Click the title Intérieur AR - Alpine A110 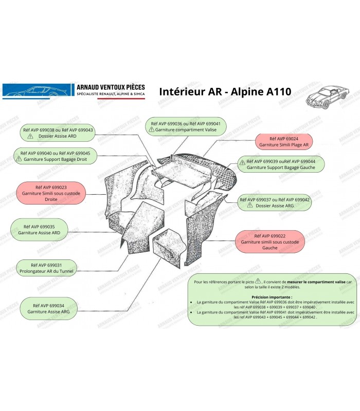click(225, 92)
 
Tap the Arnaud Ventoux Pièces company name click(111, 88)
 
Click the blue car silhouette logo click(37, 90)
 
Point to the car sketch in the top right click(327, 98)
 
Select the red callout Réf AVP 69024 click(284, 142)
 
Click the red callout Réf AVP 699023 click(51, 193)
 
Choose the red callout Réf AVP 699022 click(269, 240)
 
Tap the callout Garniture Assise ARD click(39, 229)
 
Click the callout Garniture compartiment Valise click(186, 127)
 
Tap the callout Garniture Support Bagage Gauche click(280, 164)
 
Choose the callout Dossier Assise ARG click(280, 202)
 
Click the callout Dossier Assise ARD click(57, 133)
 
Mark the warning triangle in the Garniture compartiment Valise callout click(152, 130)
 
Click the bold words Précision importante click(272, 297)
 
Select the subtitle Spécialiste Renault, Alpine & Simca click(111, 95)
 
